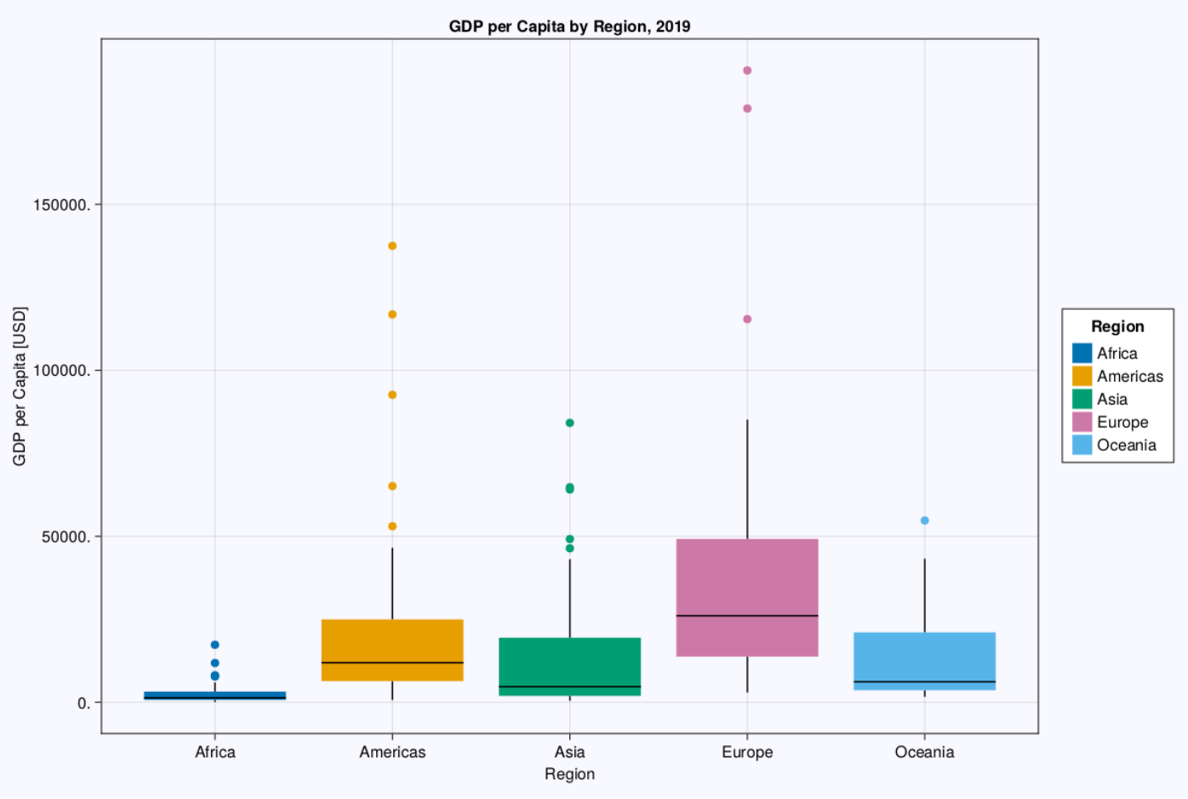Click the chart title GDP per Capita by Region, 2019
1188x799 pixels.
point(569,26)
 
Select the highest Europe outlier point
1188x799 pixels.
point(747,71)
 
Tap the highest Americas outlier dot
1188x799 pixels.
point(392,246)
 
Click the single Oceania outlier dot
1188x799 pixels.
point(924,520)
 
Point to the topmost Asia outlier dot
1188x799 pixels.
point(569,423)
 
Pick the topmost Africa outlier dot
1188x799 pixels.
point(214,645)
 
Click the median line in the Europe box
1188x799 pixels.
point(747,615)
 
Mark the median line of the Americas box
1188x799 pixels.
point(392,662)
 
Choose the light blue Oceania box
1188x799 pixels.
point(924,656)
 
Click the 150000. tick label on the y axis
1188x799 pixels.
point(62,205)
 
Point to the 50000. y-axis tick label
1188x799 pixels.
point(66,537)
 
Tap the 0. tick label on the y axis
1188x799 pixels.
point(83,703)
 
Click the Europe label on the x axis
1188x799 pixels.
point(747,752)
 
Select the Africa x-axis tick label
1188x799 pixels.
point(214,752)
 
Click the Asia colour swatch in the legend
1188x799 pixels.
point(1082,399)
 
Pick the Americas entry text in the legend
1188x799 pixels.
point(1129,377)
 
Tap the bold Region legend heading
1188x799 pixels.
point(1117,326)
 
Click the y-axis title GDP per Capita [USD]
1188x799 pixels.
point(20,386)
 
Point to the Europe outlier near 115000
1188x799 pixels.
point(747,319)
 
